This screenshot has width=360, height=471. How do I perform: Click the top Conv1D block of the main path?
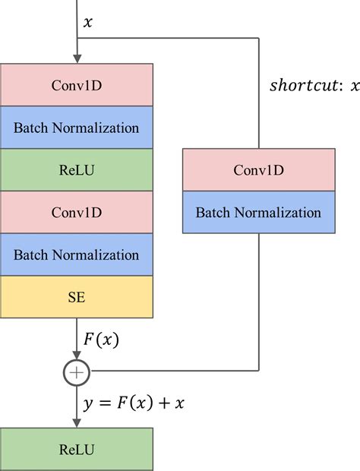pos(77,84)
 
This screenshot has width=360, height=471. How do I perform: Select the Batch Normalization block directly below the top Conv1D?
pos(77,127)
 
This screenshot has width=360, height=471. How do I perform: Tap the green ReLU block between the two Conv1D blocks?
pos(77,169)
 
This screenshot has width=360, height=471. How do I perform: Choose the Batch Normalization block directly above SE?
pos(77,254)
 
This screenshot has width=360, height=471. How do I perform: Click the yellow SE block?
pos(77,296)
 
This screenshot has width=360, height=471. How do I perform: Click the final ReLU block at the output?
pos(77,449)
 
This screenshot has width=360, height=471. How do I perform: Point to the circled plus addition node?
pos(77,371)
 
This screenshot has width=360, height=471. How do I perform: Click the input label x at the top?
pos(88,23)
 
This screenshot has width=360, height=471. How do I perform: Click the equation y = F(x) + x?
pos(134,403)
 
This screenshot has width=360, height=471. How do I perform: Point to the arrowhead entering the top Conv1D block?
pos(77,59)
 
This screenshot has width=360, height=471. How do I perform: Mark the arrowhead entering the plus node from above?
pos(77,357)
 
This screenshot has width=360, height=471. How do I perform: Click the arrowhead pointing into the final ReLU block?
pos(77,423)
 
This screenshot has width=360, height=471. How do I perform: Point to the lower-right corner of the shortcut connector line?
pos(259,371)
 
